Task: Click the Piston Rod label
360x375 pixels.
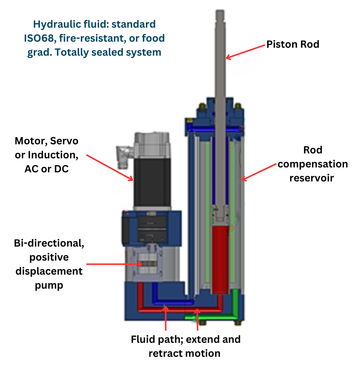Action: coord(293,44)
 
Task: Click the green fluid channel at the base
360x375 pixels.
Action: coord(212,316)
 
